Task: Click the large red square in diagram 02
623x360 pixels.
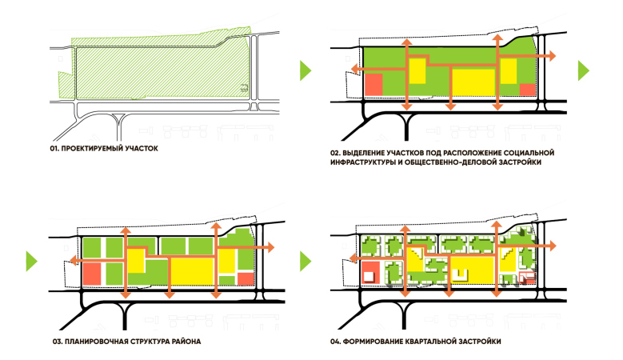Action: pos(374,83)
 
